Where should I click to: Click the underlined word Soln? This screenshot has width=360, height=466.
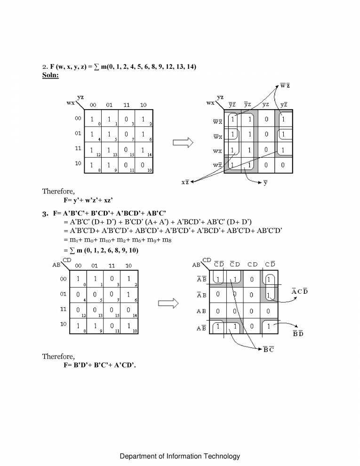47,75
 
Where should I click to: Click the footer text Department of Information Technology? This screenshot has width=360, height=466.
180,456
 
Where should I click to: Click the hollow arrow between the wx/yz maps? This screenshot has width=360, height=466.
183,143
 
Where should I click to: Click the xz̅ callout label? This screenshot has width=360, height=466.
187,182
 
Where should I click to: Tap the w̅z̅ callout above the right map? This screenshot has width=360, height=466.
285,85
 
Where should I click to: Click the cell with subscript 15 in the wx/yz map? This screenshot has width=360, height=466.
126,150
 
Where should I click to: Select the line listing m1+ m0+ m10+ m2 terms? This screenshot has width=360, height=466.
120,240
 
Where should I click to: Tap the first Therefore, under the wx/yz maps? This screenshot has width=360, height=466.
58,192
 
